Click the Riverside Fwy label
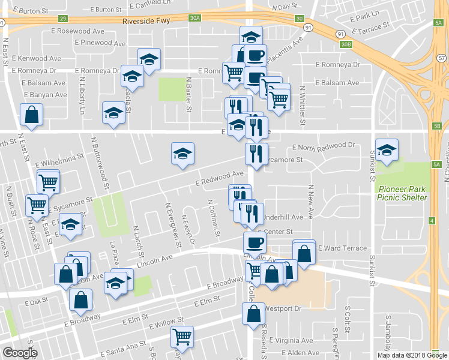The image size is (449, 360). (x=146, y=20)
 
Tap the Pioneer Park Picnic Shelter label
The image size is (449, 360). (x=402, y=193)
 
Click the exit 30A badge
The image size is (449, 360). (x=194, y=19)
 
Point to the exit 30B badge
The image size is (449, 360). (x=345, y=44)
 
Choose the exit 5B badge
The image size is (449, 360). (x=436, y=126)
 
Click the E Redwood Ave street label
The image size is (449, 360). (x=219, y=178)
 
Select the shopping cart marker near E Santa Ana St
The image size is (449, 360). (x=182, y=337)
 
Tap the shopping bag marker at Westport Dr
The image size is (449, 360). (x=253, y=313)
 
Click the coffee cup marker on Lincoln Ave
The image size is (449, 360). (x=255, y=243)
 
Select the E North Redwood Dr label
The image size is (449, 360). (x=324, y=146)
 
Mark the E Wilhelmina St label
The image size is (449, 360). (x=58, y=159)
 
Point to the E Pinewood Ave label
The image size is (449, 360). (x=100, y=43)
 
